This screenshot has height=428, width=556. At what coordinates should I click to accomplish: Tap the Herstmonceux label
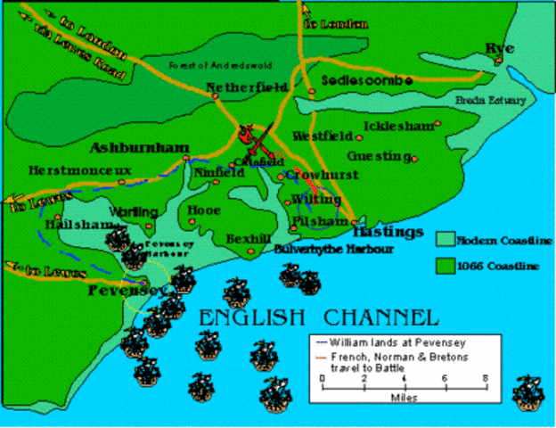coord(67,169)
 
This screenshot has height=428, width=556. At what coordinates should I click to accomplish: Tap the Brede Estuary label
coord(490,100)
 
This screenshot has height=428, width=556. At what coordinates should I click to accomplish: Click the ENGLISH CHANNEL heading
coord(318,317)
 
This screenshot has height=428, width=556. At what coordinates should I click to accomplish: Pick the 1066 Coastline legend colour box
coord(444,263)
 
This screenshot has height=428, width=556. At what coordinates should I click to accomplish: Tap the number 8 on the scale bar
coord(485,378)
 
